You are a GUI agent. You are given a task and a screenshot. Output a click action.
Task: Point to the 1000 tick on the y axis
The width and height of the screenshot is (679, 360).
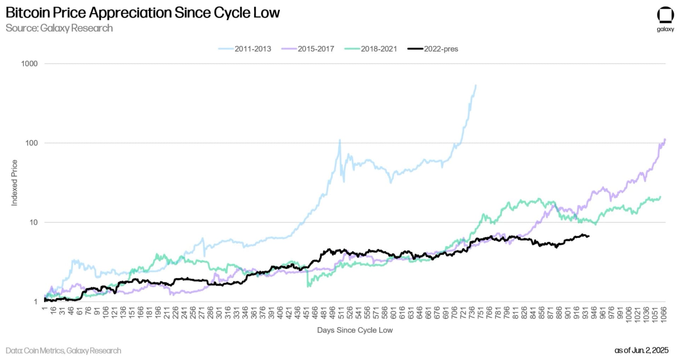point(29,64)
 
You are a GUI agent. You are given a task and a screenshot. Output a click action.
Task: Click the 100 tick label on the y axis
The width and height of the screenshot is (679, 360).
point(31,143)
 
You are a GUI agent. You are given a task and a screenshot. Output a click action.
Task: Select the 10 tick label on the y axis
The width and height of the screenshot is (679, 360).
point(33,222)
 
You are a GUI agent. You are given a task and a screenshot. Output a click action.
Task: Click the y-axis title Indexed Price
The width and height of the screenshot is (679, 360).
point(14,182)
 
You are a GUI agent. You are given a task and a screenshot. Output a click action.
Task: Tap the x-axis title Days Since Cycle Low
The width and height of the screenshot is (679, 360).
point(355,330)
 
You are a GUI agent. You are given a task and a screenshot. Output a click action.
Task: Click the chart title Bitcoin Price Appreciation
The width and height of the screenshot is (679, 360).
point(143,13)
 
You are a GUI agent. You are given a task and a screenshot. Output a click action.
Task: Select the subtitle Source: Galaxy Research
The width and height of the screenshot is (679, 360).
point(59,28)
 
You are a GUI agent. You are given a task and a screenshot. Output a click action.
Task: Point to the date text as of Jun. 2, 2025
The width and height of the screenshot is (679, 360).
point(641,350)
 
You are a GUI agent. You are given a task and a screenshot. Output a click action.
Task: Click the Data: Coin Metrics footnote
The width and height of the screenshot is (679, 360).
point(63,350)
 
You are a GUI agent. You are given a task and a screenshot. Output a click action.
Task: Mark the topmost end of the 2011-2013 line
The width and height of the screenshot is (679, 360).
point(476,85)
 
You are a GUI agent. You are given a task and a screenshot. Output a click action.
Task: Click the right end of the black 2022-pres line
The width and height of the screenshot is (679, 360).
point(588,236)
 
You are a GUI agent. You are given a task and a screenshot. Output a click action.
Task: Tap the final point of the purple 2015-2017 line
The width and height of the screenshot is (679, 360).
point(665,139)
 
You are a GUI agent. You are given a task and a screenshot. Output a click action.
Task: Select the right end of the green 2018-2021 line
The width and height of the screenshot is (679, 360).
point(660,197)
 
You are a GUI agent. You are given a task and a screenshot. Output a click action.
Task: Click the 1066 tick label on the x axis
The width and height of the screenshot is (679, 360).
point(663,313)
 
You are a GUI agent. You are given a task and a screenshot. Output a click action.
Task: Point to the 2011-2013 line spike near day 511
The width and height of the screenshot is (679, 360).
point(340,140)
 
